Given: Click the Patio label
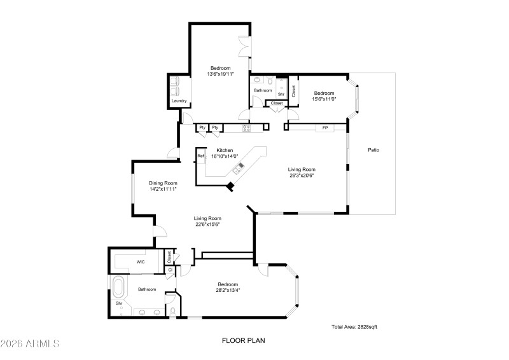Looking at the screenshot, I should coord(373,150).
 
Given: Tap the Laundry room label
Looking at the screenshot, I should coord(179,100).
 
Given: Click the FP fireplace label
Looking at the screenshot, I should coord(325,128).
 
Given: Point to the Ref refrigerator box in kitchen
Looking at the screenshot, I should coord(200,156).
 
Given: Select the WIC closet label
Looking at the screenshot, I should coord(141,261).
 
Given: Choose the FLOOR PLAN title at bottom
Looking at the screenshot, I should coord(243,340).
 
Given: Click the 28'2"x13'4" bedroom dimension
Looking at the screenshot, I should coord(228,290).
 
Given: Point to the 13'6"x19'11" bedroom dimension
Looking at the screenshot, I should coord(220,74).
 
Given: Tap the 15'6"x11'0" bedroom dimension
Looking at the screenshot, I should coord(323,99).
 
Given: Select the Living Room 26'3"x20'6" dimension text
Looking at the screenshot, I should coord(302,176).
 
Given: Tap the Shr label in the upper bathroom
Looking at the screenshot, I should coord(281,94).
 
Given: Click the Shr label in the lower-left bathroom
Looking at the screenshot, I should coord(118,303).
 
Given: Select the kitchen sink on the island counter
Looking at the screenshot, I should coord(240,168).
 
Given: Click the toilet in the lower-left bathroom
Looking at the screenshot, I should coord(172,311).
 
